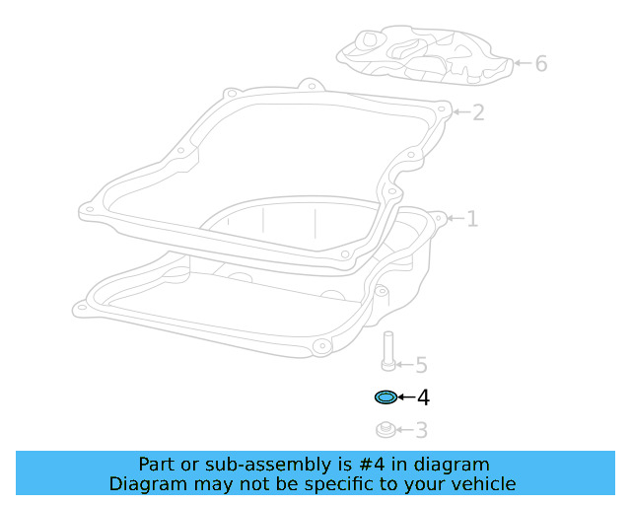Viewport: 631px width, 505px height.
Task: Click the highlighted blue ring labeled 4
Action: point(386,397)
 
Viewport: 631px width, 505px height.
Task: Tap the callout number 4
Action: point(423,397)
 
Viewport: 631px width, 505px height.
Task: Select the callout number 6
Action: point(540,64)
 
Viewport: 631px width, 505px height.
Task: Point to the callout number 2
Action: point(478,112)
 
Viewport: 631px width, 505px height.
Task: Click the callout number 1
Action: point(471,218)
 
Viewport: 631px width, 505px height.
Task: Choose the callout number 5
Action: point(421,366)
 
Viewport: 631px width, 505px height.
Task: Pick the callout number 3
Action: point(421,430)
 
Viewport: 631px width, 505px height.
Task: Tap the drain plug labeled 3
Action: point(386,429)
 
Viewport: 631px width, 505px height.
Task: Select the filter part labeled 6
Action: point(425,54)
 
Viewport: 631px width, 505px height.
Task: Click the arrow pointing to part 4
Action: point(405,397)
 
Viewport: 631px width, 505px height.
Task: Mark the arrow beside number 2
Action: point(460,112)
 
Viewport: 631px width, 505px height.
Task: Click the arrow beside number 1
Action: point(454,218)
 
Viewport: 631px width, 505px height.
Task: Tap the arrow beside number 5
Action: point(403,366)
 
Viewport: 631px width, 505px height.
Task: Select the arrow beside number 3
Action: point(403,430)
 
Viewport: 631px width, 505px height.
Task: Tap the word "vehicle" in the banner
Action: point(484,483)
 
